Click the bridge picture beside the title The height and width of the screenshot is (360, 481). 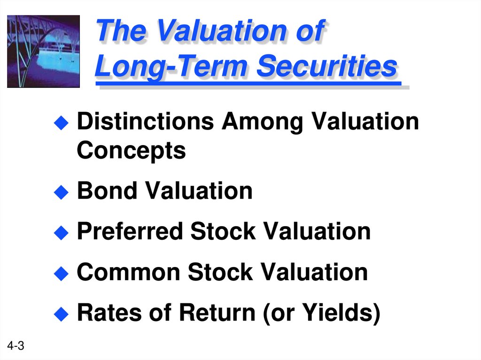43,51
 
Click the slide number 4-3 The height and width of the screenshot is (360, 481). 16,347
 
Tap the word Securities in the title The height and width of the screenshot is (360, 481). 327,67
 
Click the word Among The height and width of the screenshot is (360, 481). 262,122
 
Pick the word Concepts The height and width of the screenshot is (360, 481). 131,151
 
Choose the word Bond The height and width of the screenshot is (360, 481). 107,191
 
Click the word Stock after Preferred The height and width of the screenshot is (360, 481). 223,231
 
